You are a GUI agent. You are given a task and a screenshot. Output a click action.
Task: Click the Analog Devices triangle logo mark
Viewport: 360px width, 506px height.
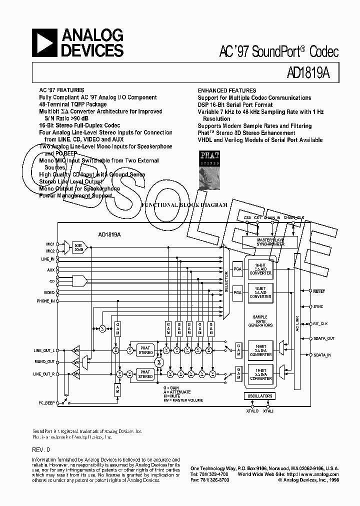point(44,42)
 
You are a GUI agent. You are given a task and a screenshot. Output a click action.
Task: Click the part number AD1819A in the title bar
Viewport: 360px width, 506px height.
point(309,73)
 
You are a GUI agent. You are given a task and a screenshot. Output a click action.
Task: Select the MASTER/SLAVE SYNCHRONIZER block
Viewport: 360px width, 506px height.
point(270,242)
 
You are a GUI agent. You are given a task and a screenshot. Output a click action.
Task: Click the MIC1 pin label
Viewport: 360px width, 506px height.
point(49,244)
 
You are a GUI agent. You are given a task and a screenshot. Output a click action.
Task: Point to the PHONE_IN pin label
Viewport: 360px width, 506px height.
point(46,301)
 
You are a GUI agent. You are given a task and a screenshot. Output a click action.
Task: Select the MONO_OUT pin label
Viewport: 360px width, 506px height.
point(45,361)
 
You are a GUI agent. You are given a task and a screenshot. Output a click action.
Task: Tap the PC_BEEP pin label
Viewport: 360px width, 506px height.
point(46,402)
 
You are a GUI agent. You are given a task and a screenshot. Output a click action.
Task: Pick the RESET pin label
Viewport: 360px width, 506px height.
point(319,290)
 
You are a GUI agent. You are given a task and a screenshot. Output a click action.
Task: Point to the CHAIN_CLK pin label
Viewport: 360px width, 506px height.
point(294,217)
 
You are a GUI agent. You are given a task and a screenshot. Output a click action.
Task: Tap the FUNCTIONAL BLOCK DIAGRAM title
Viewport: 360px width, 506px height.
point(184,205)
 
